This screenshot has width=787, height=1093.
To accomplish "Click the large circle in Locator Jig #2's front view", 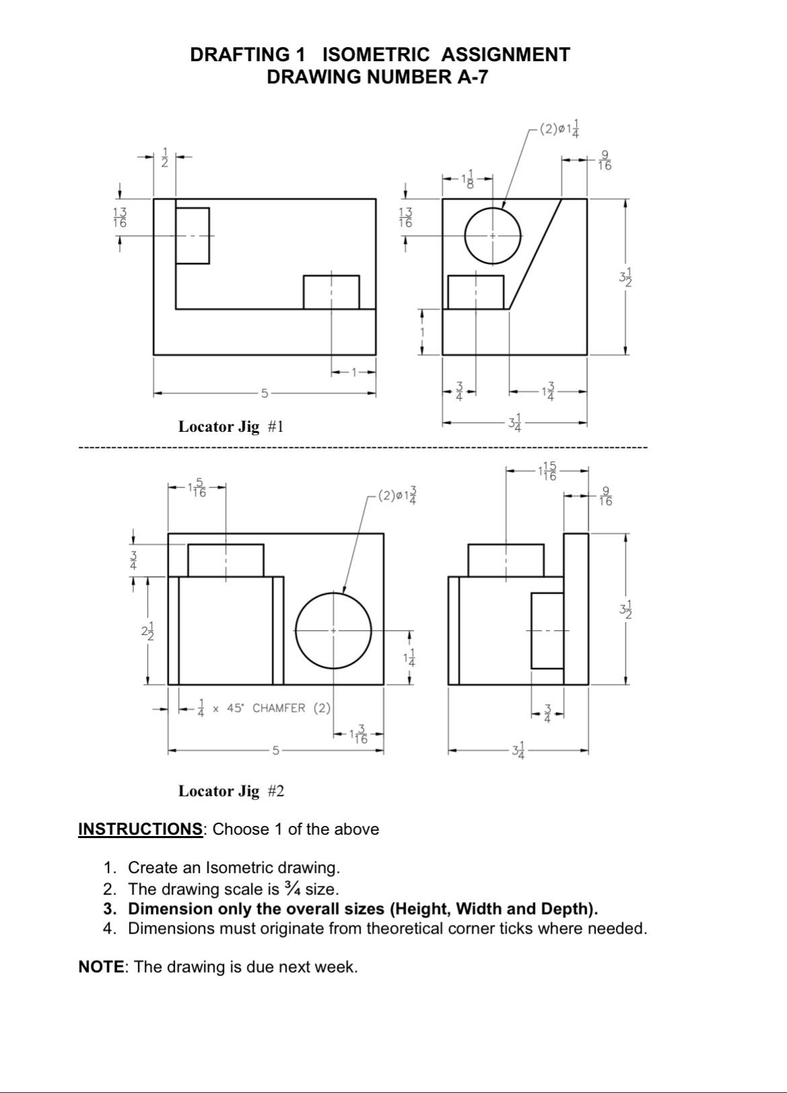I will [334, 630].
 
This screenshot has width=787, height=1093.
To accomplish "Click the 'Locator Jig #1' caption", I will [231, 426].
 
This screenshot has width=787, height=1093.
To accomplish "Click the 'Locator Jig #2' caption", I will [231, 791].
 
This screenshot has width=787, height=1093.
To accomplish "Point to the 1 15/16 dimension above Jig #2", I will [547, 471].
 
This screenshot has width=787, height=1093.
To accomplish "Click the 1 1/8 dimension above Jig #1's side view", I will [467, 179].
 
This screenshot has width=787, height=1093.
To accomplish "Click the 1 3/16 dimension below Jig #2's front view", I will [359, 734].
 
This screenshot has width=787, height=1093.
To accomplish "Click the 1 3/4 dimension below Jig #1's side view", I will [548, 391].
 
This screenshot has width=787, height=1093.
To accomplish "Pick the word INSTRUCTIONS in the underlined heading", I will [140, 829].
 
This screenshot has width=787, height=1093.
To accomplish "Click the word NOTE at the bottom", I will [100, 967].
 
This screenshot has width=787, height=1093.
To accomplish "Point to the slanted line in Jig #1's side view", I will [535, 254].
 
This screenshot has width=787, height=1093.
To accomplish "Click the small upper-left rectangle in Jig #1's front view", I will [192, 235].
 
